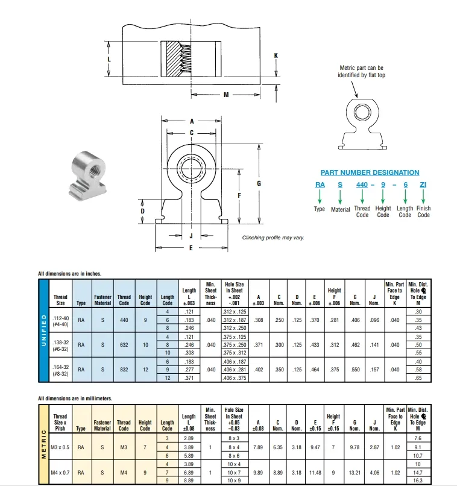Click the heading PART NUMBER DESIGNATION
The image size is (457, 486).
[370, 172]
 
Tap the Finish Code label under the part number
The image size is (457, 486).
[424, 212]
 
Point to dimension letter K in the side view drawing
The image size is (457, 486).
[276, 55]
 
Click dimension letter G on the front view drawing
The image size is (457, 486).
[259, 183]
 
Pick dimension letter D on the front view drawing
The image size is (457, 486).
[142, 211]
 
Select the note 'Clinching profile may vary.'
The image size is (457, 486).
[273, 238]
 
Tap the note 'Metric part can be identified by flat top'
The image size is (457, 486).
[362, 72]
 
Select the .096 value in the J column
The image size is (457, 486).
[374, 320]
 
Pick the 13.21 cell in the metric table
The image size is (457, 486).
[355, 473]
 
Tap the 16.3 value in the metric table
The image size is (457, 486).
[418, 481]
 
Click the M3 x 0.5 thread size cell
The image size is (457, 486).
[60, 447]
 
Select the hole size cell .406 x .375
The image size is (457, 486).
[234, 377]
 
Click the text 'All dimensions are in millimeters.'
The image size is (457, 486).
[75, 399]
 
